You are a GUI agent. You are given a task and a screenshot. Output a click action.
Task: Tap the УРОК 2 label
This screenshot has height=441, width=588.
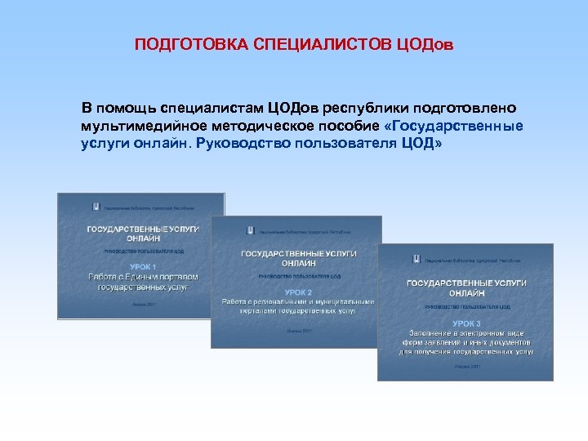pos(297,291)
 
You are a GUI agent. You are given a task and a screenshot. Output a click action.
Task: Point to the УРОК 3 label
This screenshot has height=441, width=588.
pos(465,323)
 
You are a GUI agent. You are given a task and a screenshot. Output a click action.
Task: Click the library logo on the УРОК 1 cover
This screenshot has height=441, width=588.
pos(96,207)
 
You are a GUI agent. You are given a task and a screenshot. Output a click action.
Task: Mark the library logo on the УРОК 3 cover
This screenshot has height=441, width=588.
pos(416,259)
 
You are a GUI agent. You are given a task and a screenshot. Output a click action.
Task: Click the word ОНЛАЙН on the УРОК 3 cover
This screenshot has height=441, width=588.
pos(466,292)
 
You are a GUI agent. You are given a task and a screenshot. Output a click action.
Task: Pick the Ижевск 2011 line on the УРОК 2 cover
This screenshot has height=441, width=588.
pos(297,332)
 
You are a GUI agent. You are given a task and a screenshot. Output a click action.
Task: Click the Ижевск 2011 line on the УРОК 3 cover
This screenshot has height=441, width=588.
pos(465,367)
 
